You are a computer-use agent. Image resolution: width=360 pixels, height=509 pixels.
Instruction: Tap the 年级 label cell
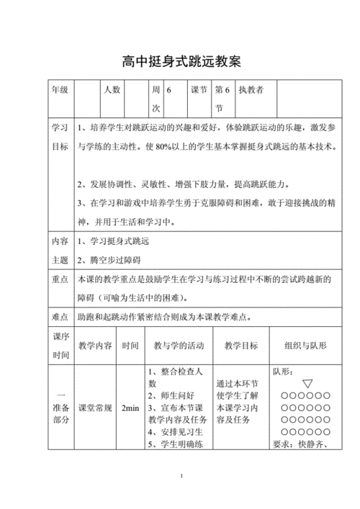(x=59, y=91)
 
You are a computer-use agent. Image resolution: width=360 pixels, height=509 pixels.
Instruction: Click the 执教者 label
(x=251, y=91)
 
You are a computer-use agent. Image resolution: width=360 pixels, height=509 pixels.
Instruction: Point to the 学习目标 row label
(x=59, y=137)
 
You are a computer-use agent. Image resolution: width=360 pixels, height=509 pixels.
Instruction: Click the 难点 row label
(x=59, y=317)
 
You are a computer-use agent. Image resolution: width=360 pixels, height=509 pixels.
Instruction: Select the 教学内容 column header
(x=95, y=346)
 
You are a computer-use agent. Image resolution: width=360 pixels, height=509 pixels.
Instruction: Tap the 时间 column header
(x=130, y=346)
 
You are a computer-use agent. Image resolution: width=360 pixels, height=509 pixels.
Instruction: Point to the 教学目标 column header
(x=240, y=346)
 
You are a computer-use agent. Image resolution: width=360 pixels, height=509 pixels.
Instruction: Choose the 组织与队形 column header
(x=305, y=346)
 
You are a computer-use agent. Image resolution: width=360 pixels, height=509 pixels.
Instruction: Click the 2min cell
(x=130, y=408)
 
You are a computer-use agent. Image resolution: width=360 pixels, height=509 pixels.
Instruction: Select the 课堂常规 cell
(x=95, y=408)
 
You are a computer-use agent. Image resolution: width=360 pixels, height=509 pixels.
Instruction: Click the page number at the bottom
(x=182, y=476)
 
